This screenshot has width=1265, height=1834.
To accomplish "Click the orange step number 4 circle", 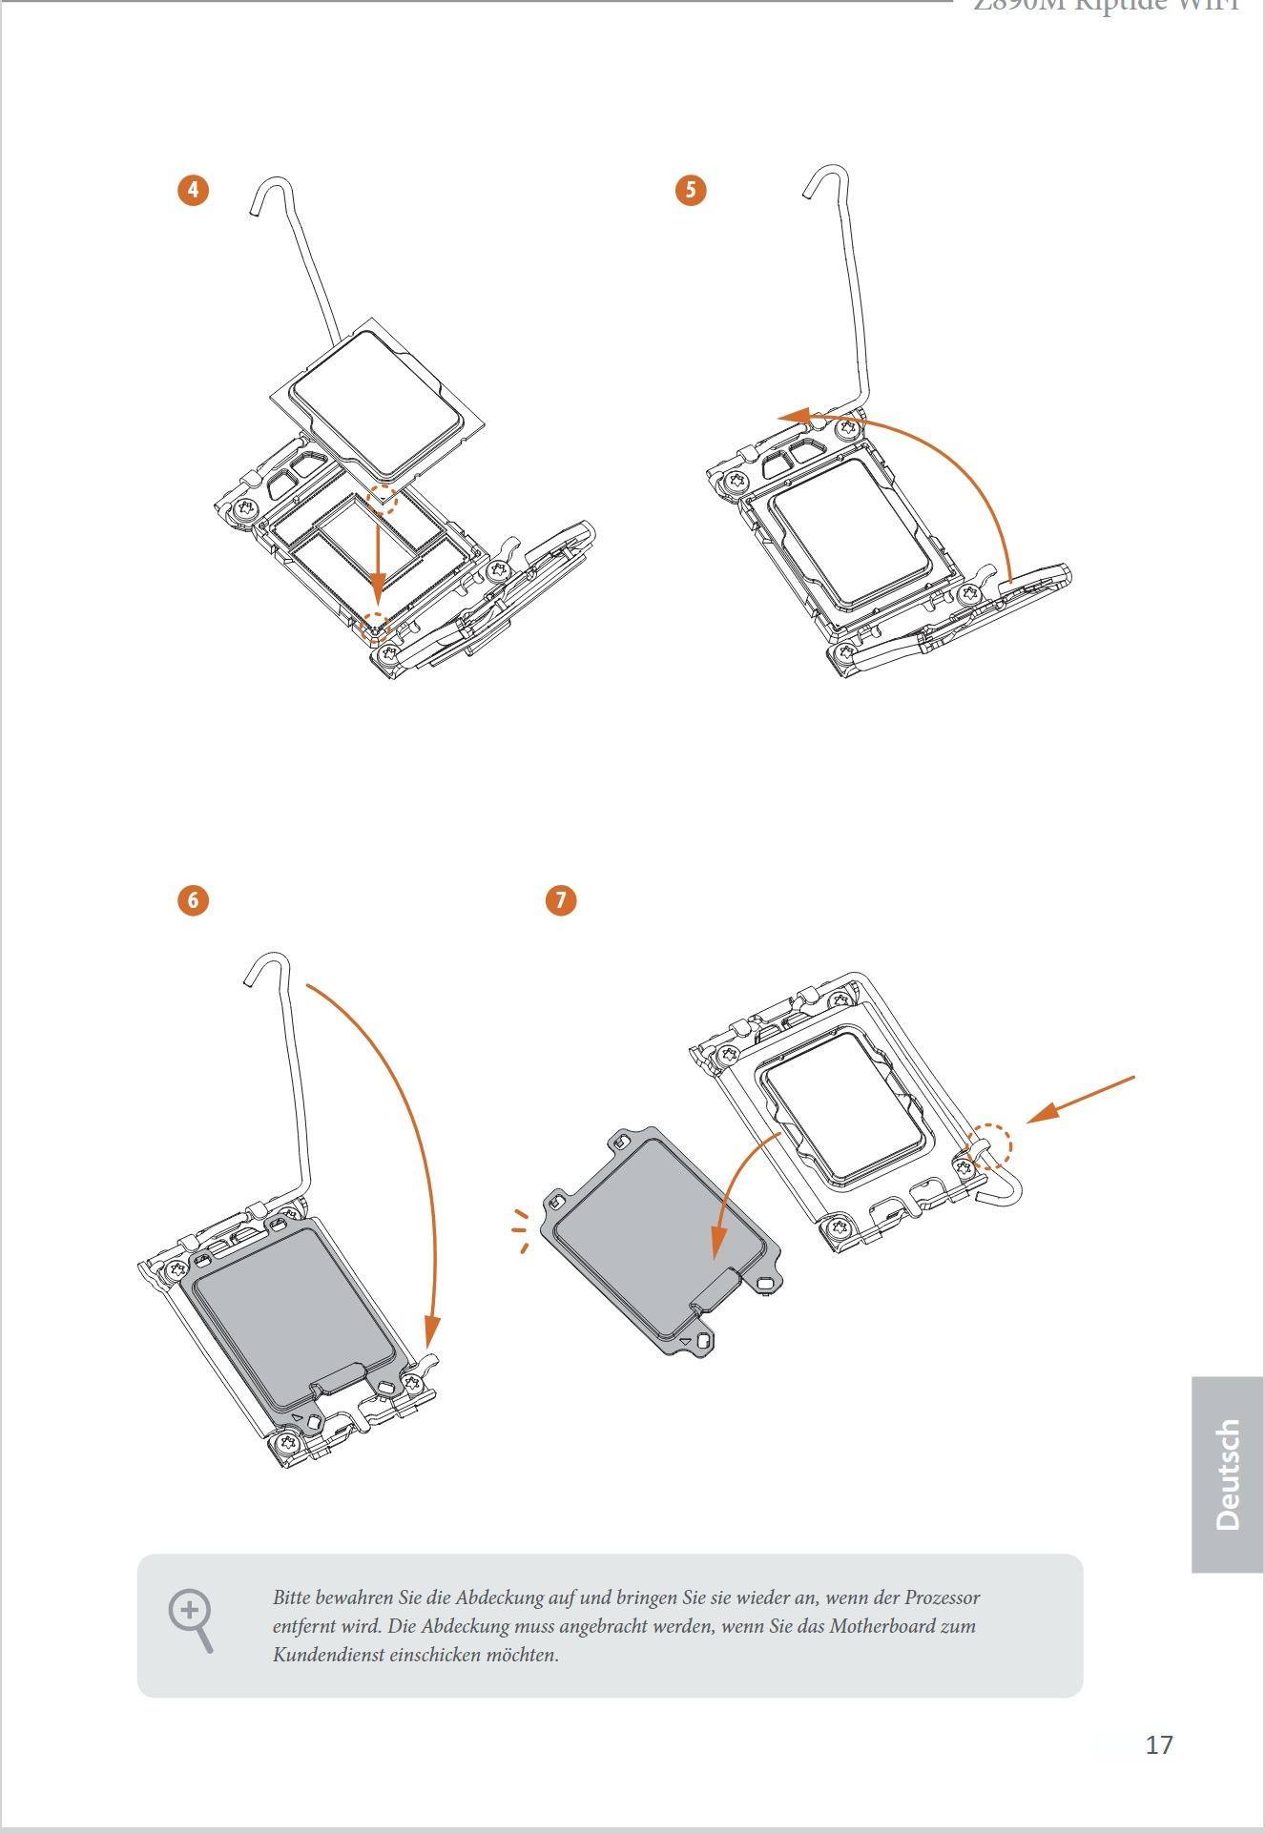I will (193, 190).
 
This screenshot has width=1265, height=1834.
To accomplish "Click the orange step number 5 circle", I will (691, 190).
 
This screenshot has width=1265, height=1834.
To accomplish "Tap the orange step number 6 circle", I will (193, 900).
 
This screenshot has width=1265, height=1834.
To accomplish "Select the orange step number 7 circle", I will (561, 900).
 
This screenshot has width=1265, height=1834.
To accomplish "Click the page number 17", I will (1158, 1745).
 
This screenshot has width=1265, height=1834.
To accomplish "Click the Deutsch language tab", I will (1228, 1474).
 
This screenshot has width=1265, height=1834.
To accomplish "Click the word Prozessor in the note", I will (942, 1597).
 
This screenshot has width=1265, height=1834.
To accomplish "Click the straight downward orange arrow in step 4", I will (379, 563).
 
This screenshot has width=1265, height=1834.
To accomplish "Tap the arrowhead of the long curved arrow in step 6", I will (431, 1331).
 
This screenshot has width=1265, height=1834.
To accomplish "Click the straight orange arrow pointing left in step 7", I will (1083, 1099).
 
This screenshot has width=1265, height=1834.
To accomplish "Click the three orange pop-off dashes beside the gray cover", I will (521, 1230).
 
